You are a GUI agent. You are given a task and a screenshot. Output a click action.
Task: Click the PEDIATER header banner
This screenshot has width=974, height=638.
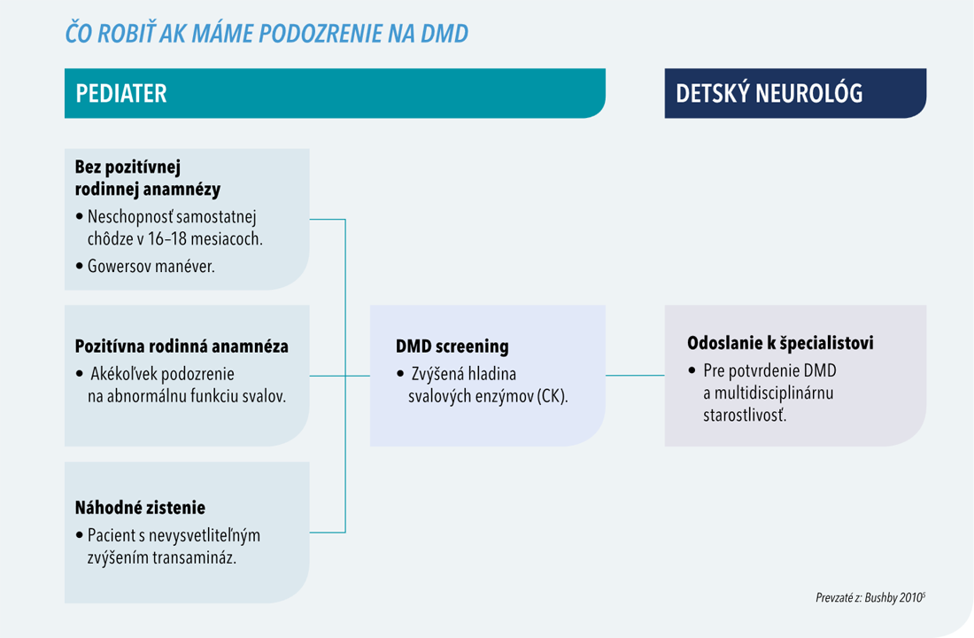click(x=335, y=93)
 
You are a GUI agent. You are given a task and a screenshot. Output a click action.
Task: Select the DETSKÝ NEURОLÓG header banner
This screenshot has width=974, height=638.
click(x=795, y=93)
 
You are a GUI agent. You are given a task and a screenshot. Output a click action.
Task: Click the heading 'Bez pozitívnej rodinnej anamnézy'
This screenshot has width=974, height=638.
click(x=148, y=178)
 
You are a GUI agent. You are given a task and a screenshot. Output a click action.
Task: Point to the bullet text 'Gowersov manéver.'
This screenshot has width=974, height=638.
click(x=151, y=266)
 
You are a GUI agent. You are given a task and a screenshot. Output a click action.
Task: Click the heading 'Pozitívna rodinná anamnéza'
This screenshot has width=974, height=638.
click(x=182, y=346)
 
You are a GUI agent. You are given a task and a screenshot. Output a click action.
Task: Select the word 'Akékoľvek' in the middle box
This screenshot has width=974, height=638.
click(x=124, y=374)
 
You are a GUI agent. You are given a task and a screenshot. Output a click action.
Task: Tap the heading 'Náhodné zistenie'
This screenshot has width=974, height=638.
click(x=140, y=508)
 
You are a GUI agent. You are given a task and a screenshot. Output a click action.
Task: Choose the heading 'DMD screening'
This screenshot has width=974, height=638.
click(x=452, y=346)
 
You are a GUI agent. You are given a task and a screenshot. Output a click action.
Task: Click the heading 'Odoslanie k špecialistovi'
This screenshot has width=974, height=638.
click(x=780, y=343)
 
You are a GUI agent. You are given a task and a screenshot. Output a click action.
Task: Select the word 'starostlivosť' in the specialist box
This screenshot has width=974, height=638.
click(x=745, y=415)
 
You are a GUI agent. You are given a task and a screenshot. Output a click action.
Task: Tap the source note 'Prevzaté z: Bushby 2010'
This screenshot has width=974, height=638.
click(x=870, y=597)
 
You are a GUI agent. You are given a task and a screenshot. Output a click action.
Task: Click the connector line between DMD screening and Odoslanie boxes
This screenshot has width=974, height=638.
click(x=635, y=376)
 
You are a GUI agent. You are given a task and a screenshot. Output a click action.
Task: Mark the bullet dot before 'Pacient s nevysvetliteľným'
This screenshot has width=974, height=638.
click(x=79, y=535)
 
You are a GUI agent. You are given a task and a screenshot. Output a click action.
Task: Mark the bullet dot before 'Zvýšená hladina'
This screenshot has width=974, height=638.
click(x=400, y=374)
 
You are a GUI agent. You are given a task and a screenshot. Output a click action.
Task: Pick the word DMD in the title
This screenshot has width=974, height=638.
click(x=444, y=34)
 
